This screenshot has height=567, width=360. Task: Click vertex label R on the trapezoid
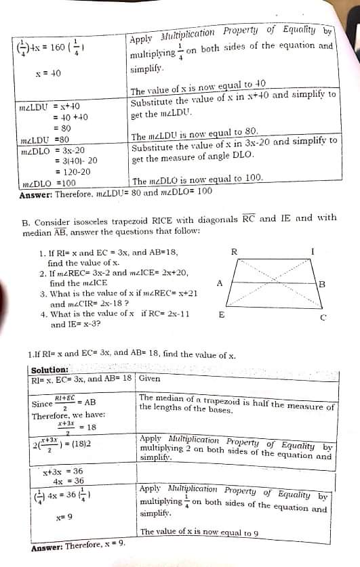coord(235,252)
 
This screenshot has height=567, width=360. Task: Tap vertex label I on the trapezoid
coord(312,252)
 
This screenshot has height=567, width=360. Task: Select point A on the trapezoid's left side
coord(220,284)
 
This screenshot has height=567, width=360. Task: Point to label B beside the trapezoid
coord(322,284)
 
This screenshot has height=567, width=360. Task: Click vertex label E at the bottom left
coord(222,315)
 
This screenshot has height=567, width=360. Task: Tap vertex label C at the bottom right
coord(323,316)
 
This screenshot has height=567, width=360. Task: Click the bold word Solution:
coord(49,370)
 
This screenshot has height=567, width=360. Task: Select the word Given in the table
coord(150,379)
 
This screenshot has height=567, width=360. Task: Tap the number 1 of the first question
coord(42,253)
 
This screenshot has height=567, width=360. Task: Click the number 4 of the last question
coord(42,314)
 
